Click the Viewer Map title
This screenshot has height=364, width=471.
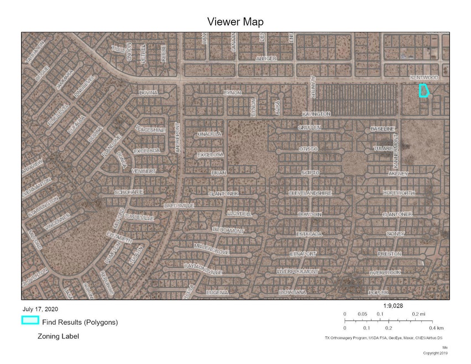pos(235,22)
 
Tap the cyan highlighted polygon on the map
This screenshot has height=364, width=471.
pos(423,90)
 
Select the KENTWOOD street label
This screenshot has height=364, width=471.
pos(424,78)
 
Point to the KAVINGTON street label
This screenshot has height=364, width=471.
pos(316,114)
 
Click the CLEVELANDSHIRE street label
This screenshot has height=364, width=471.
pos(310,193)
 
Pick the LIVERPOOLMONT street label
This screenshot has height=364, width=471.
pos(298,272)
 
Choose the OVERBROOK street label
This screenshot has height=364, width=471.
pos(385,273)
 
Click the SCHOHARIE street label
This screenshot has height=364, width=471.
pos(129,192)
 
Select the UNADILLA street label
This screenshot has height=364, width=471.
pos(210,134)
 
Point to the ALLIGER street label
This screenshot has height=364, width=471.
pos(266,58)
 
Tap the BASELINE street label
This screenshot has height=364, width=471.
pos(383,129)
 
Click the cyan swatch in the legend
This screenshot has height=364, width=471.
pos(30,320)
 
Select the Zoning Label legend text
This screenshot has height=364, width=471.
pos(58,336)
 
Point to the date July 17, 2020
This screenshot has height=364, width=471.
pos(40,309)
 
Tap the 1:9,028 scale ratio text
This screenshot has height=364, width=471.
pos(392,305)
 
